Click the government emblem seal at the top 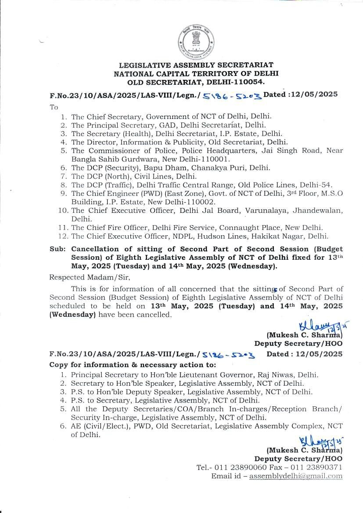click(x=195, y=43)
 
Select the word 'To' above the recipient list click(x=54, y=107)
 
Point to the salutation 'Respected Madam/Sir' click(x=90, y=277)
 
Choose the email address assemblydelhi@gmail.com click(x=295, y=476)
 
